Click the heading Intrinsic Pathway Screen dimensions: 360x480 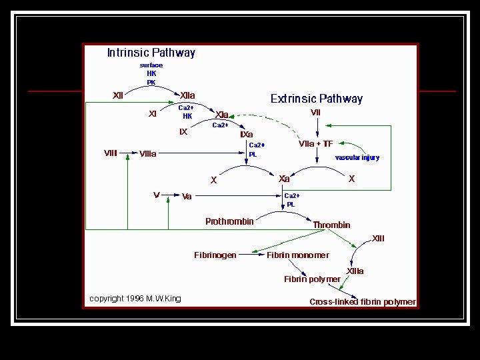[x=151, y=53]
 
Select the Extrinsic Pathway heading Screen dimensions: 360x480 [x=317, y=99]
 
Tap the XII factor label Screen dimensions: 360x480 [x=118, y=95]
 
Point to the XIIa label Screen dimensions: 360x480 [x=187, y=95]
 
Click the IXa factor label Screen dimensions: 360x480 [x=246, y=135]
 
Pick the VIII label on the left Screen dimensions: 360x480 [x=111, y=153]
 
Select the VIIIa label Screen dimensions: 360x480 [x=148, y=154]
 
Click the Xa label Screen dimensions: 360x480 [x=284, y=179]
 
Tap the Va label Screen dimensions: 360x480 [x=187, y=197]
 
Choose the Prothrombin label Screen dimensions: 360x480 [x=229, y=222]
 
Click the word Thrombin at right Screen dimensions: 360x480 [x=331, y=225]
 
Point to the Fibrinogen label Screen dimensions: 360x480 [x=215, y=255]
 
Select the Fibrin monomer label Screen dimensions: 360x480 [x=297, y=255]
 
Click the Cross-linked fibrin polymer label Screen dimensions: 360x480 [x=363, y=302]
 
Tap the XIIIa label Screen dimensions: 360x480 [x=355, y=271]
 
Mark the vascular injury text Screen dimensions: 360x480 [x=357, y=158]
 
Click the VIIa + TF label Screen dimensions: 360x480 [x=315, y=144]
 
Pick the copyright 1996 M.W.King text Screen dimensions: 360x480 [x=135, y=299]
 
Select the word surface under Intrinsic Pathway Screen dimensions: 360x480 [x=151, y=65]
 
